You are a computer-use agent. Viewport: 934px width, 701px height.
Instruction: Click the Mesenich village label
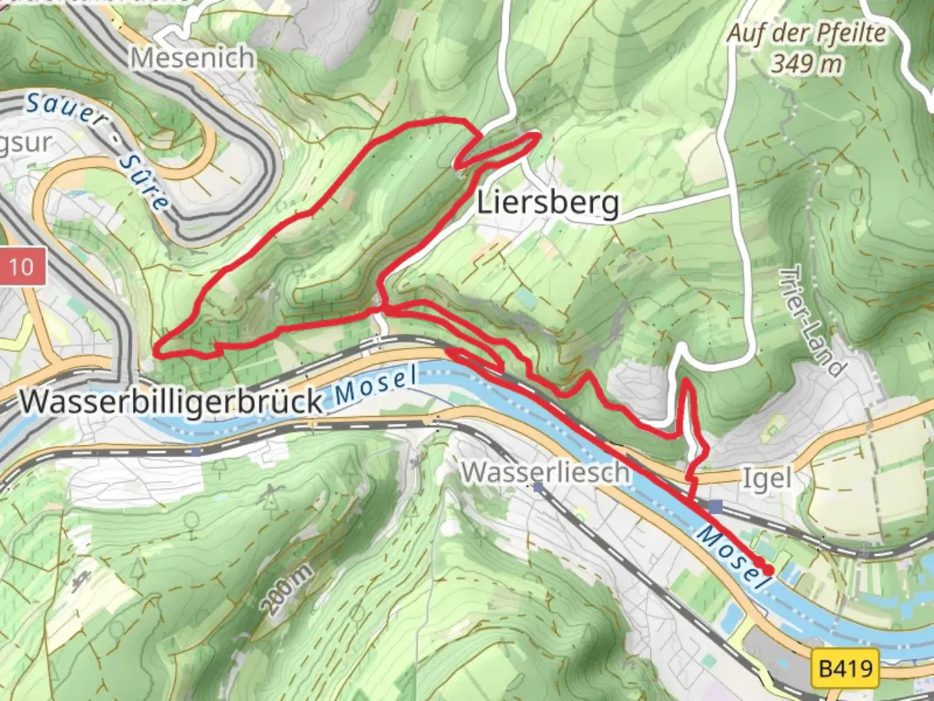click(193, 58)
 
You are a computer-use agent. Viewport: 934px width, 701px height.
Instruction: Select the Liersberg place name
click(548, 203)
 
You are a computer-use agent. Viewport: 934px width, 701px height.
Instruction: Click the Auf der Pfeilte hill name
click(806, 33)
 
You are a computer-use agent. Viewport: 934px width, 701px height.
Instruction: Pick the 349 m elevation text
click(807, 64)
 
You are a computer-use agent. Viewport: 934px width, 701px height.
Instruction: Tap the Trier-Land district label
click(813, 321)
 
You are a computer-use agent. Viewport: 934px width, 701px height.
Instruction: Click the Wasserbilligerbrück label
click(171, 401)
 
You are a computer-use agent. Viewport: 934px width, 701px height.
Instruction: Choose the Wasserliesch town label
click(545, 472)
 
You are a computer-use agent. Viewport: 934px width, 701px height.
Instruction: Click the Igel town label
click(767, 479)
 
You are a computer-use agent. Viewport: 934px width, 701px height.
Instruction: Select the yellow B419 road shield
click(845, 667)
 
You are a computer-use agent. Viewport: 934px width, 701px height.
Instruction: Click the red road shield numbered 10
click(21, 266)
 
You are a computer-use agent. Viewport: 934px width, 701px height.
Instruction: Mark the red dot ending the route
click(768, 570)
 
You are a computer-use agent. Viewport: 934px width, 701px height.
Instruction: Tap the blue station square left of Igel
click(715, 507)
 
